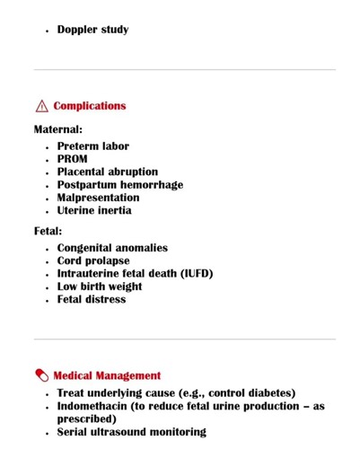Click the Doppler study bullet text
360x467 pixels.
click(x=92, y=30)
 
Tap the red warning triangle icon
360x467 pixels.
click(x=41, y=106)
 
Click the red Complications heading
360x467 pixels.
click(x=90, y=106)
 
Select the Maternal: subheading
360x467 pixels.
click(x=58, y=129)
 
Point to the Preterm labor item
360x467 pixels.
click(x=92, y=146)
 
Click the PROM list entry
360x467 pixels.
click(x=73, y=159)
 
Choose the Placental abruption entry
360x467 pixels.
click(x=107, y=172)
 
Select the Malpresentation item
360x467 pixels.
click(x=98, y=198)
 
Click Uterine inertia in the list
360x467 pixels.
click(x=94, y=210)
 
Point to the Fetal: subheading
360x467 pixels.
click(x=48, y=231)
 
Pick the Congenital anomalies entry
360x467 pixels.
click(x=112, y=248)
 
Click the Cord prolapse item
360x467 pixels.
click(x=93, y=260)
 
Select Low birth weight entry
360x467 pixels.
click(x=100, y=286)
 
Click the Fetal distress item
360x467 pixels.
click(x=92, y=299)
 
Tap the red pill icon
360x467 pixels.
click(x=41, y=375)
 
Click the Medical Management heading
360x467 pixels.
click(x=107, y=375)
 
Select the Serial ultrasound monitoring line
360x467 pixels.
click(x=131, y=432)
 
